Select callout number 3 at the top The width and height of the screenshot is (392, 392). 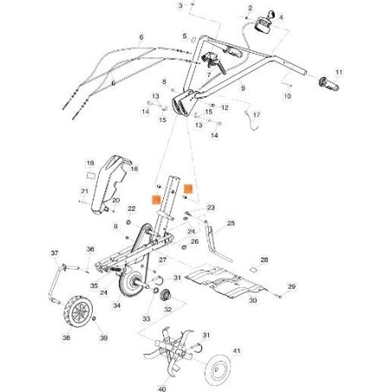[x=180, y=5]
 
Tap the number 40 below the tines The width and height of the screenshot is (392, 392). [x=160, y=389]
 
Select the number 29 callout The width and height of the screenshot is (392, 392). [x=291, y=286]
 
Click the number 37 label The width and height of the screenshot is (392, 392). [x=54, y=254]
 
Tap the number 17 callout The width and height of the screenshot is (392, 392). [x=255, y=114]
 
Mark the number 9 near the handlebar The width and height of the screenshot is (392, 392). [x=243, y=88]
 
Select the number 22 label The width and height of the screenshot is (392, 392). [x=131, y=209]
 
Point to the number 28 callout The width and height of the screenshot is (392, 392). [x=265, y=259]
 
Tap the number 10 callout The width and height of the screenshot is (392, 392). [x=288, y=97]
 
